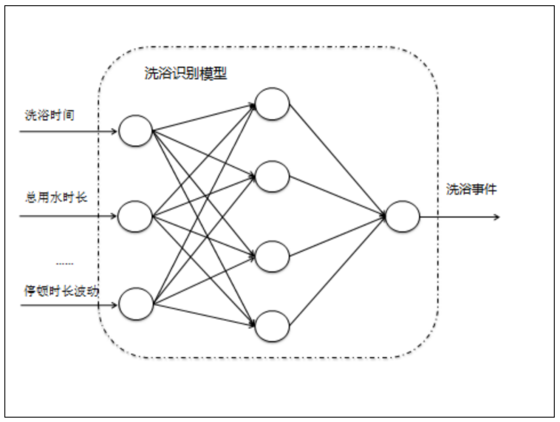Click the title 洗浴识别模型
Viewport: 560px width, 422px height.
coord(185,74)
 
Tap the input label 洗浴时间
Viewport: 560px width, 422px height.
coord(49,115)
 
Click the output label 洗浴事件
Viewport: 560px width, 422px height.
coord(471,190)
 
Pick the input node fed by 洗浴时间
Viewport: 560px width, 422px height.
coord(135,130)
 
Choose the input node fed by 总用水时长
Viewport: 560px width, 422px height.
coord(135,216)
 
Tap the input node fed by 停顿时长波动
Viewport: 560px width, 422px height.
coord(136,304)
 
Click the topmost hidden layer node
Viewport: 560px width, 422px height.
coord(272,104)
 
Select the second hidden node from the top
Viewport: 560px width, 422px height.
coord(272,177)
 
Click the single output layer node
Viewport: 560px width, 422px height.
coord(402,216)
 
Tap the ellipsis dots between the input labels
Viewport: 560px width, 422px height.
coord(65,264)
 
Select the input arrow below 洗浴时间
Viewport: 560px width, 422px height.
coord(67,131)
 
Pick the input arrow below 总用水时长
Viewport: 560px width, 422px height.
coord(67,216)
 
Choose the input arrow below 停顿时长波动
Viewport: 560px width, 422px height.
coord(67,305)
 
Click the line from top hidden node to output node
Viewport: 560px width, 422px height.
coord(337,158)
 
